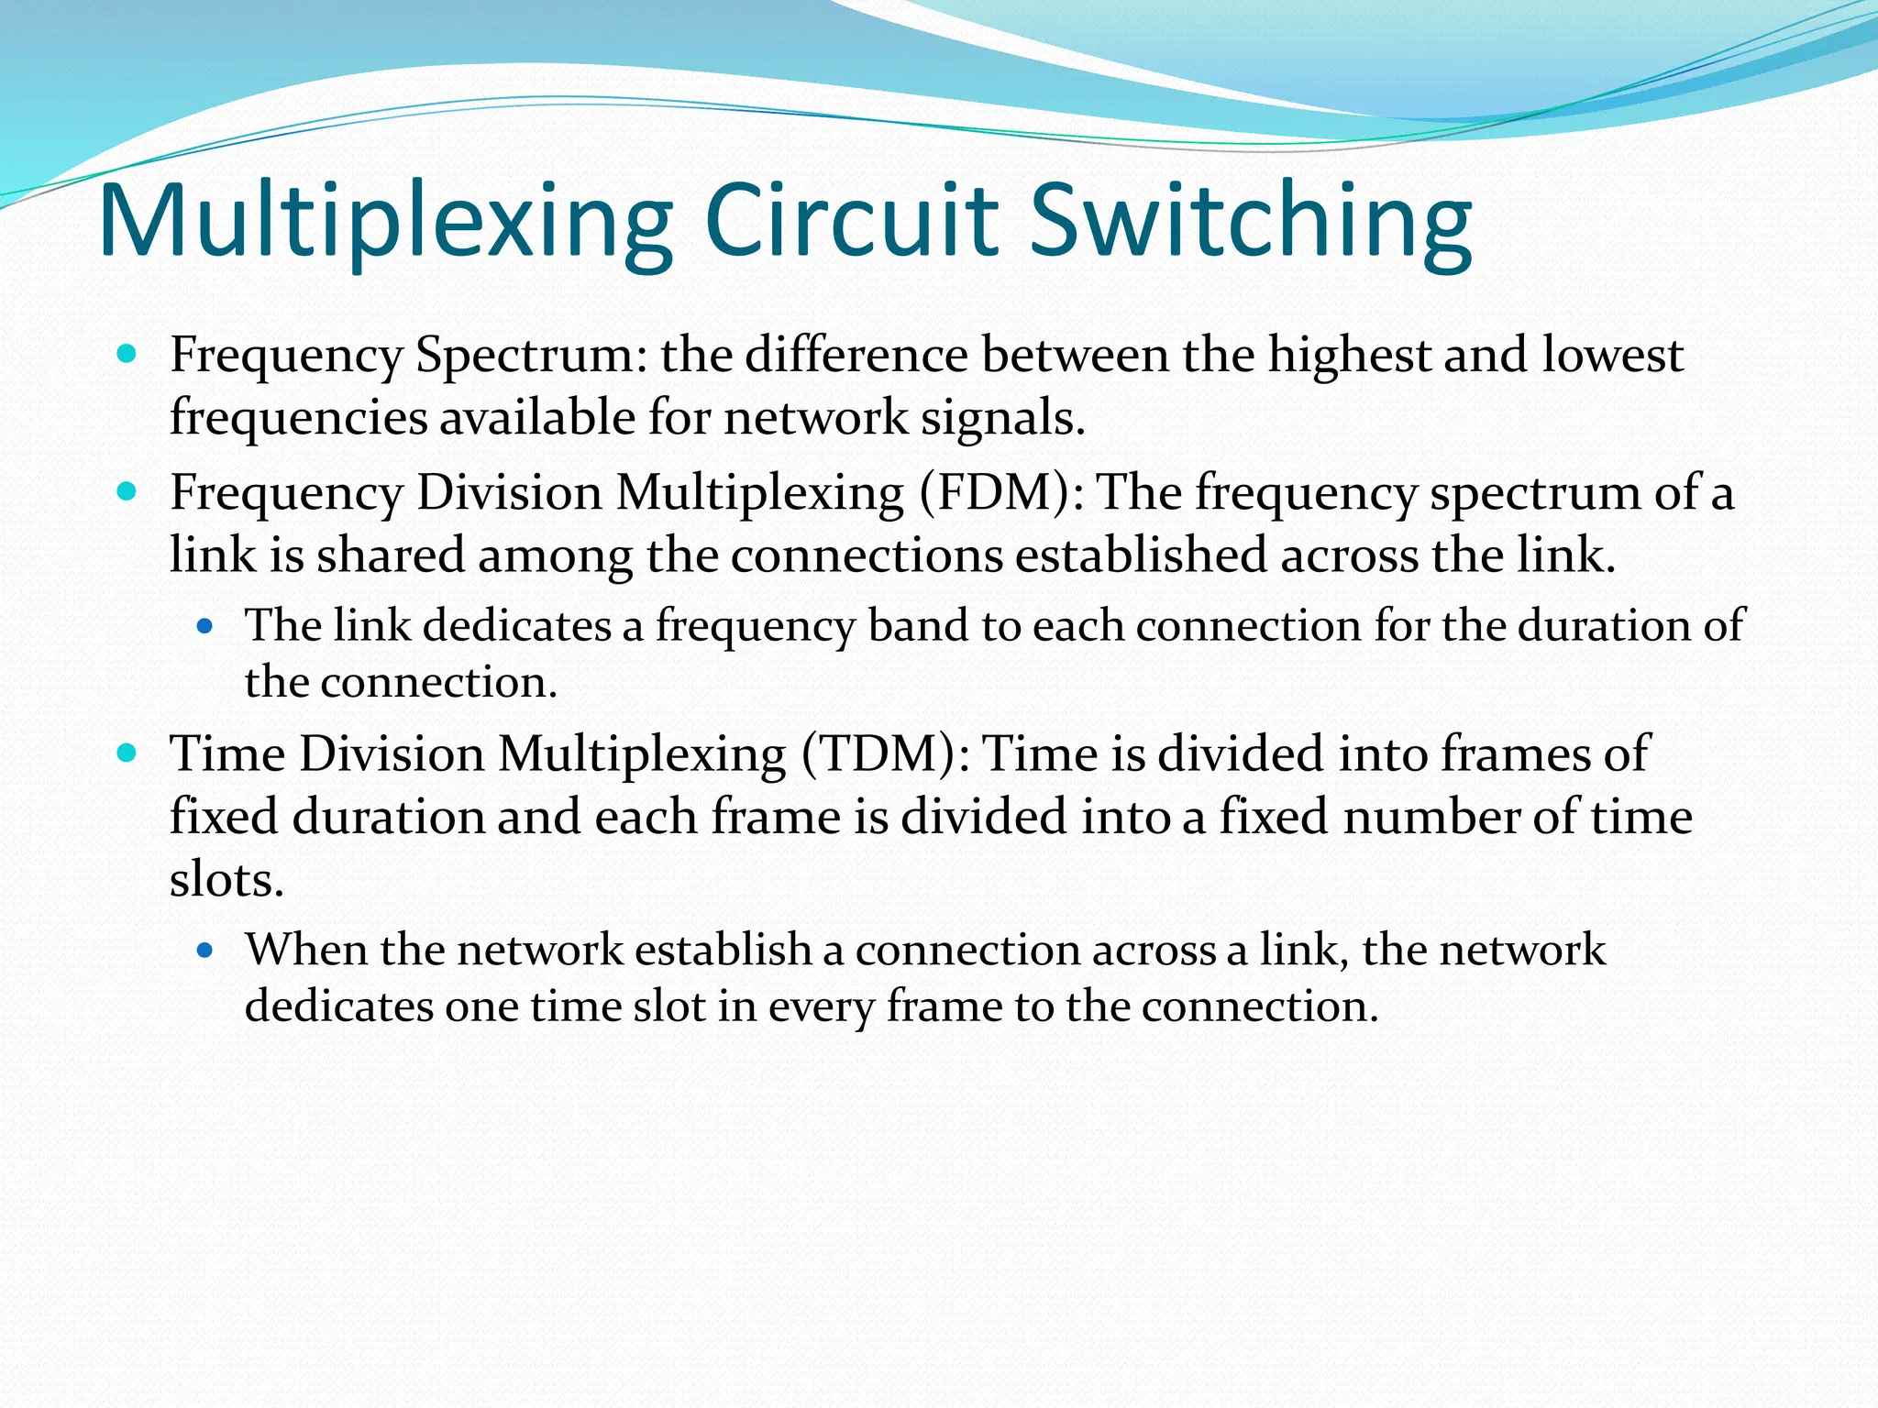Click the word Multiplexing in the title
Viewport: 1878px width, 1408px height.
point(385,223)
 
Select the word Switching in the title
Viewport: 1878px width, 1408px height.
point(1251,223)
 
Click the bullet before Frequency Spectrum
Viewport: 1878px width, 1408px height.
point(127,354)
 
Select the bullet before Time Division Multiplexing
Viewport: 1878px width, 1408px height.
point(127,753)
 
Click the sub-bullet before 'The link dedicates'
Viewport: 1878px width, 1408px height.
point(205,627)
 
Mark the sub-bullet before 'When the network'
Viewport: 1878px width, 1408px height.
point(205,951)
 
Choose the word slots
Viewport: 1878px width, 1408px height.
point(226,880)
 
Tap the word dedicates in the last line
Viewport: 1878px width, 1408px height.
point(338,1006)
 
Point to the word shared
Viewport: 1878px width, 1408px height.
point(391,555)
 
